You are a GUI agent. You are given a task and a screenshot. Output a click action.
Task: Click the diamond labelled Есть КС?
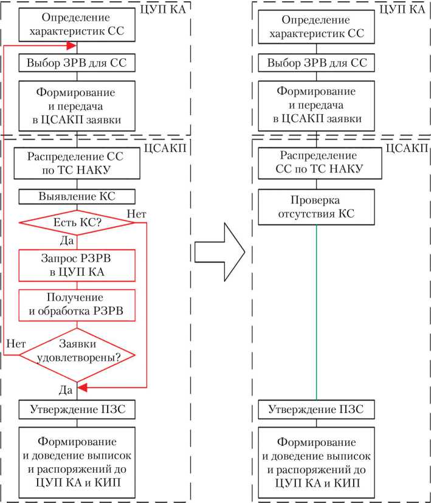point(77,223)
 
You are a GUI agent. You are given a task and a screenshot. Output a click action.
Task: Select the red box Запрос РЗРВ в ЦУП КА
point(77,265)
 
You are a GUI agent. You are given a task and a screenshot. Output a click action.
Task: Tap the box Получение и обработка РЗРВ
point(77,306)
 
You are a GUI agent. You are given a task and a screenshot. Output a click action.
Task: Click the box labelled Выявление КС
point(77,197)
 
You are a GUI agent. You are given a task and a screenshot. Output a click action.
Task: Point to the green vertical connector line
point(317,310)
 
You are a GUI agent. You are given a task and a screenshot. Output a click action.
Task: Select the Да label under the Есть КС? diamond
point(68,241)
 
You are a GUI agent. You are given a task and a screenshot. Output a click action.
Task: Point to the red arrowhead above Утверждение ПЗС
point(83,387)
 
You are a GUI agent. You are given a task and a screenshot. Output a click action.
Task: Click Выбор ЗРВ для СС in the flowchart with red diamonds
point(77,63)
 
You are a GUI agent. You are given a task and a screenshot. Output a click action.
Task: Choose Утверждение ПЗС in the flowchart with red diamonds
point(77,409)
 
